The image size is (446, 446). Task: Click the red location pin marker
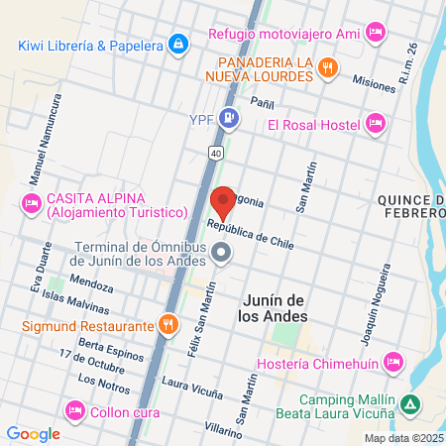click(x=223, y=201)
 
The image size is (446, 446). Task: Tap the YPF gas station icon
click(x=229, y=120)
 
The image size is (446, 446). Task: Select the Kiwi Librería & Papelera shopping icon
click(x=177, y=45)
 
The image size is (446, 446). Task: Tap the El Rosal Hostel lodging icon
click(x=375, y=124)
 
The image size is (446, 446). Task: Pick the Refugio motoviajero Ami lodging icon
click(x=375, y=33)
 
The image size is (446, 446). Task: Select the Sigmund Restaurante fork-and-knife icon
click(x=169, y=324)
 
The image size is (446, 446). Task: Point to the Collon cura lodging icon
click(x=74, y=411)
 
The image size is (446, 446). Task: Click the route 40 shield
click(x=215, y=153)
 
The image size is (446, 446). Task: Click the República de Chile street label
click(x=250, y=231)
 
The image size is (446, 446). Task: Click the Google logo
click(x=33, y=433)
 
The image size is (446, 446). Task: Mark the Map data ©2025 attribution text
click(x=403, y=438)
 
